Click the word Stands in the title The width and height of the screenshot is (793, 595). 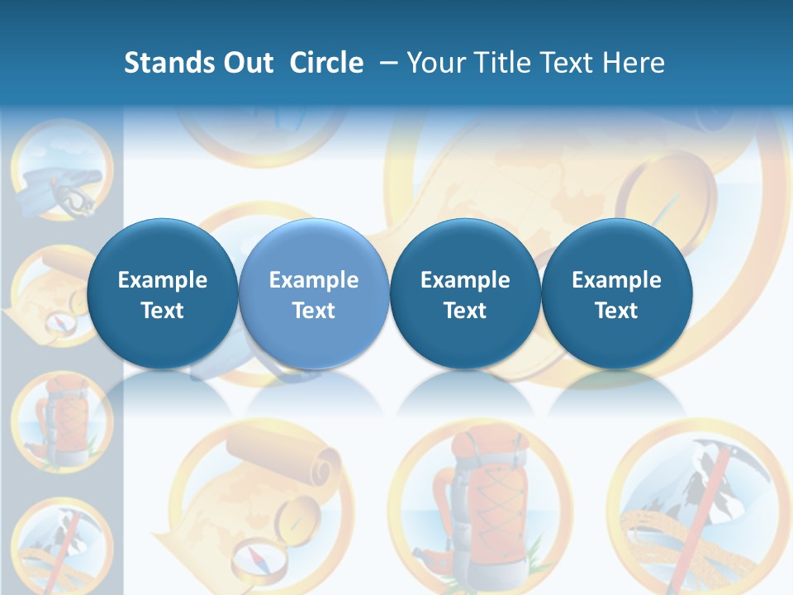169,63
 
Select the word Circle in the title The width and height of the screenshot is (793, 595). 326,63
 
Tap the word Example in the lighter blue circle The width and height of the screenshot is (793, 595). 314,280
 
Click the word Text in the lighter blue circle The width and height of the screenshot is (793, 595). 314,311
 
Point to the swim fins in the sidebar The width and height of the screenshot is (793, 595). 45,184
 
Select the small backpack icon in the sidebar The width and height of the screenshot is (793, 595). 61,417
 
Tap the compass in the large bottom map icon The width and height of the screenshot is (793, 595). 259,561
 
